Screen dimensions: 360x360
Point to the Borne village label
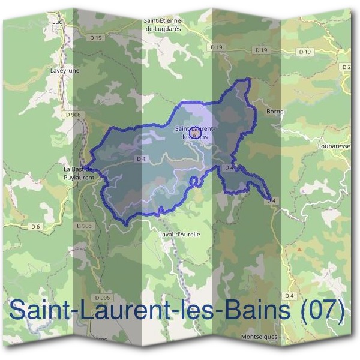tap(274, 111)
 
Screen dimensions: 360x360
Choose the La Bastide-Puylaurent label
tap(80, 173)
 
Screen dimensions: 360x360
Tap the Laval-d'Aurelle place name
tap(180, 234)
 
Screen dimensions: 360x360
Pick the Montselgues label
tap(260, 337)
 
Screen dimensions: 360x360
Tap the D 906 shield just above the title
tap(103, 298)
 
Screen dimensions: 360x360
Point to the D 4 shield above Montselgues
tap(290, 296)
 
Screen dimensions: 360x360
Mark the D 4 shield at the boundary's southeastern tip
tap(271, 200)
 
